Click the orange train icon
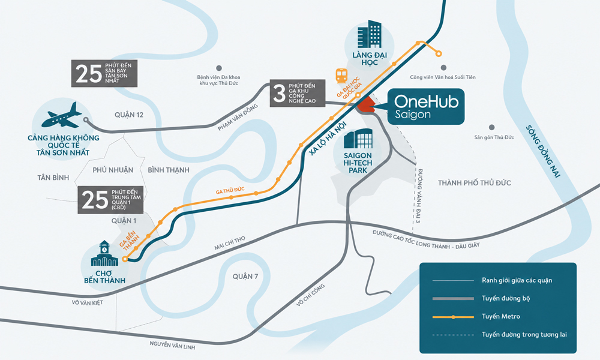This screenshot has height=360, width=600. [x=341, y=76]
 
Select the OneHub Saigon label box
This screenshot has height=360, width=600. [x=426, y=107]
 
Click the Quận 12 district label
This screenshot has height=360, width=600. [x=129, y=115]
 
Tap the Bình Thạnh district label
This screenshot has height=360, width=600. [x=169, y=170]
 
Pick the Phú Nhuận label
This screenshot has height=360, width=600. [x=113, y=170]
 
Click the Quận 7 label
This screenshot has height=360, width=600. [x=245, y=276]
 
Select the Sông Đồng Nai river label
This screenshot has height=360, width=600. [x=542, y=151]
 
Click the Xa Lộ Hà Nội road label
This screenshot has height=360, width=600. [x=328, y=139]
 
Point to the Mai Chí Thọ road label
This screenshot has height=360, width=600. [x=230, y=244]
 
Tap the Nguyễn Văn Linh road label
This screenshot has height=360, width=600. [x=172, y=345]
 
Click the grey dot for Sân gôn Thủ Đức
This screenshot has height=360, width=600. [x=492, y=127]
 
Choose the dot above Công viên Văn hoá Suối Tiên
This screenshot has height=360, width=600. [x=443, y=68]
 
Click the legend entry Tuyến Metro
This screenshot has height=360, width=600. [x=501, y=316]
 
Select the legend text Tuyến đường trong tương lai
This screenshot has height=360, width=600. [x=524, y=335]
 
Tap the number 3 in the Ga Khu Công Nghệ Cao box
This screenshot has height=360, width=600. [x=280, y=94]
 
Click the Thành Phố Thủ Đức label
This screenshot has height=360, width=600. [x=475, y=183]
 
